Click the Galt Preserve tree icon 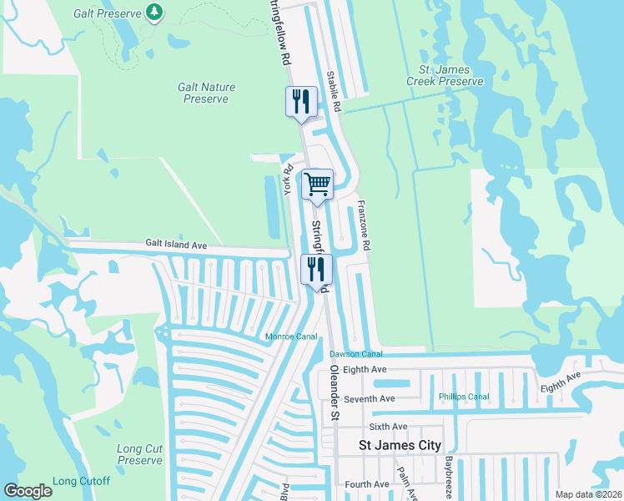coord(153,12)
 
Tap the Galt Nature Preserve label coord(206,93)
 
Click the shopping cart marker coord(317,184)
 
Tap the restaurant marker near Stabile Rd coord(301,102)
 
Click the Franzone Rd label coord(364,225)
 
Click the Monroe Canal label coord(291,337)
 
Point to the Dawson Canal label coord(355,354)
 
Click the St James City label coord(400,445)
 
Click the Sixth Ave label coord(388,426)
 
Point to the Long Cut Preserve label coord(140,454)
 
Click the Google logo coord(28,490)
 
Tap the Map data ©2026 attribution coord(587,494)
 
